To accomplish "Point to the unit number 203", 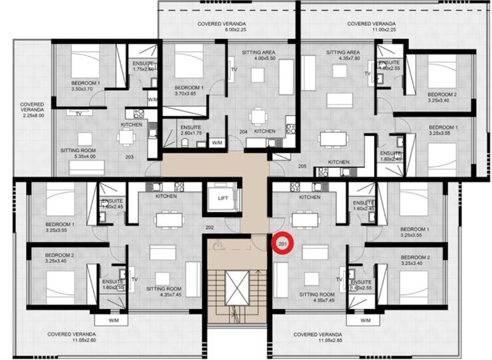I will [129, 157].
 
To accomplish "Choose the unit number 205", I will [301, 166].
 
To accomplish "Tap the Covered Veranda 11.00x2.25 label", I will [373, 27].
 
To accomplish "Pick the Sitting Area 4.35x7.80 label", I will [343, 56].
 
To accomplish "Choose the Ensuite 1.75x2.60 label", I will [142, 66].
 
